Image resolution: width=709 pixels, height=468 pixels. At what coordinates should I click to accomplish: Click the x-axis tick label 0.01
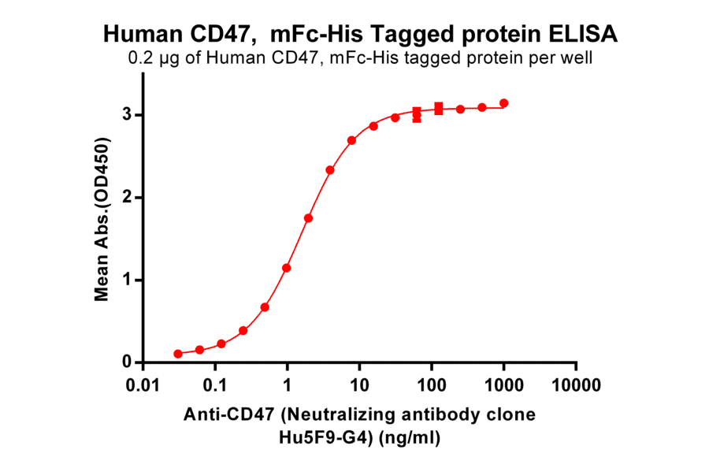pos(143,386)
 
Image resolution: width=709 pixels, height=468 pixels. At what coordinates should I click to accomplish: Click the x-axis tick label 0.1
pos(215,386)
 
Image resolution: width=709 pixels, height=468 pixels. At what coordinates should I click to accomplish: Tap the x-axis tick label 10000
pos(576,386)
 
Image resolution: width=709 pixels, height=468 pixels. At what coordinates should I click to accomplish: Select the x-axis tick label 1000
pos(504,386)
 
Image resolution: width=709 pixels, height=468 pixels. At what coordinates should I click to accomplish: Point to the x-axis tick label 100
pos(432,386)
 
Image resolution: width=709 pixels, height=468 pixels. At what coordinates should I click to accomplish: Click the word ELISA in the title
pos(584,35)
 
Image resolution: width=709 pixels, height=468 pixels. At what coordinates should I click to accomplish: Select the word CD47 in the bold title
pos(228,35)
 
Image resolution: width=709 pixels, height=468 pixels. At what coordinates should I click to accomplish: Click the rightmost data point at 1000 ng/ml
pos(504,103)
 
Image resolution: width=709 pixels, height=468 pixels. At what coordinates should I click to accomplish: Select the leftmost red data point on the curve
pos(178,354)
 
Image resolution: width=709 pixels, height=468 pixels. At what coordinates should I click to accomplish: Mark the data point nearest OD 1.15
pos(287,268)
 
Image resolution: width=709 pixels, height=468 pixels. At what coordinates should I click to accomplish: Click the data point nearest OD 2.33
pos(330,170)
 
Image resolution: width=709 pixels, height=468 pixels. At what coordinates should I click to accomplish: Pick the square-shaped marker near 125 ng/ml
pos(439,108)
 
